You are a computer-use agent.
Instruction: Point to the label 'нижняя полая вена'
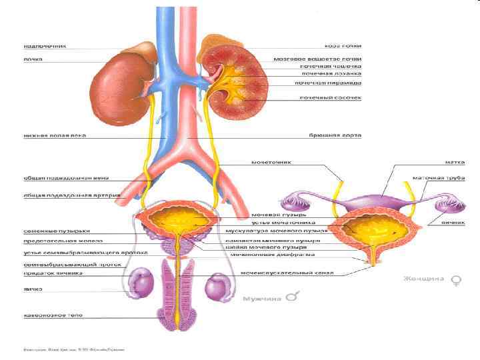[x=55, y=135]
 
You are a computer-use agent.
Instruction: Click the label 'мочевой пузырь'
[x=279, y=216]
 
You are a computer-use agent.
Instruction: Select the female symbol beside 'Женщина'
[x=457, y=280]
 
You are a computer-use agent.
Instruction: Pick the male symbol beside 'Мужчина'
[x=291, y=297]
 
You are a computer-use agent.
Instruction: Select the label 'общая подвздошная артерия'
[x=63, y=195]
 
